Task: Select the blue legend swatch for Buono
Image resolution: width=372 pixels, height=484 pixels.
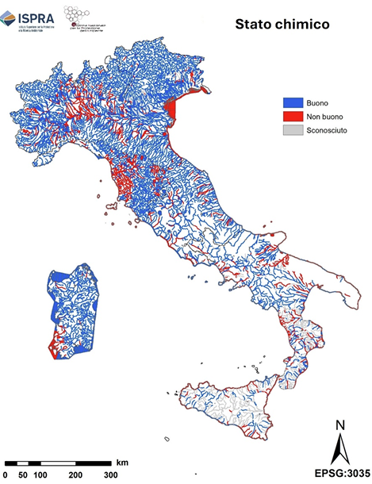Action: pos(293,102)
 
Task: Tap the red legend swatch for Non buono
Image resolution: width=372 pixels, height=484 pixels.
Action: pos(293,116)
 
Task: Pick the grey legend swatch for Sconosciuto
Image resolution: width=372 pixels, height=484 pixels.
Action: pos(293,129)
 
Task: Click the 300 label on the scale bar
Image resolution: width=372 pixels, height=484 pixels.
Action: pos(111,474)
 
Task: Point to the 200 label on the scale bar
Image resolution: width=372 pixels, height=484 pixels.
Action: pos(76,474)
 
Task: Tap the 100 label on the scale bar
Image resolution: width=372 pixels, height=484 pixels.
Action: pos(40,474)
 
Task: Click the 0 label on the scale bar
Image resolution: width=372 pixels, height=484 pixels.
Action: pos(6,474)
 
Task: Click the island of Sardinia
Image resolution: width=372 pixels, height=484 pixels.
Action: pos(71,309)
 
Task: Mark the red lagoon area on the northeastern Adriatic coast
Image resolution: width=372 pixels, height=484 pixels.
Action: pos(174,112)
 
